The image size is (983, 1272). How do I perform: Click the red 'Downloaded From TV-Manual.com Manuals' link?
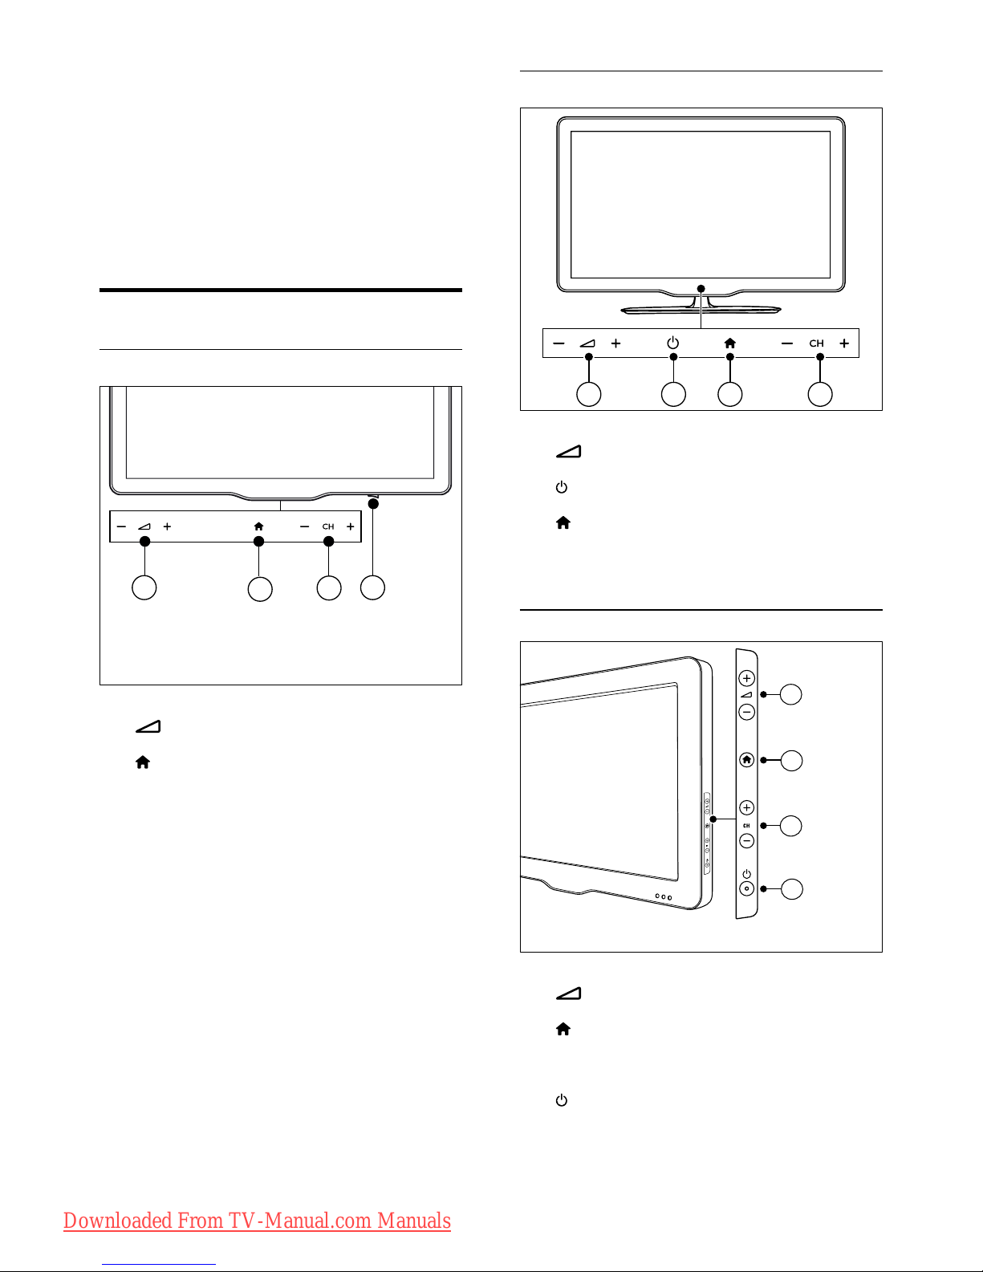(257, 1221)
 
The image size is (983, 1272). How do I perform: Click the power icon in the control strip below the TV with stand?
(673, 343)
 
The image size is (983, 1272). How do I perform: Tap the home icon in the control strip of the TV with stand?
(729, 343)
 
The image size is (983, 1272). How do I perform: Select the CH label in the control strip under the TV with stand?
(816, 343)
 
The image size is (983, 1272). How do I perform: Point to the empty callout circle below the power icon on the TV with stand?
(673, 395)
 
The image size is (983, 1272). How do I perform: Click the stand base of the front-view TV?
(701, 310)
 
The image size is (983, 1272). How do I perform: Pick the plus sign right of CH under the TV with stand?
(843, 343)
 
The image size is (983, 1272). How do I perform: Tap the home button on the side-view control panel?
(746, 760)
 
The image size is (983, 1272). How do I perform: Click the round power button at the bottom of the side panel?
(746, 888)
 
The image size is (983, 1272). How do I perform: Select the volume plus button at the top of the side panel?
(746, 678)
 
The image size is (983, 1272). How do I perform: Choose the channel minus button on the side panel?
(746, 841)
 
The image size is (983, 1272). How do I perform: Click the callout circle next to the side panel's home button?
(792, 760)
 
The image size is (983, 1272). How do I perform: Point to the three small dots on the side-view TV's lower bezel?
(663, 896)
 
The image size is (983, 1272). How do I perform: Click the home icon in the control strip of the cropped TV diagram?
(258, 526)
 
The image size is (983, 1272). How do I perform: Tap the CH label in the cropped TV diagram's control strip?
(328, 526)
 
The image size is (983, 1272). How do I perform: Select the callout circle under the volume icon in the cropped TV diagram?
(144, 587)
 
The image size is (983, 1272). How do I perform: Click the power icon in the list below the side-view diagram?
(561, 1100)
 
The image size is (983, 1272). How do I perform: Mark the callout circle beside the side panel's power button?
(792, 888)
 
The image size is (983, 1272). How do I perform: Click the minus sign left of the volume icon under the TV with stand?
(559, 343)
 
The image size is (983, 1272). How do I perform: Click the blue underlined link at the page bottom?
(159, 1265)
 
